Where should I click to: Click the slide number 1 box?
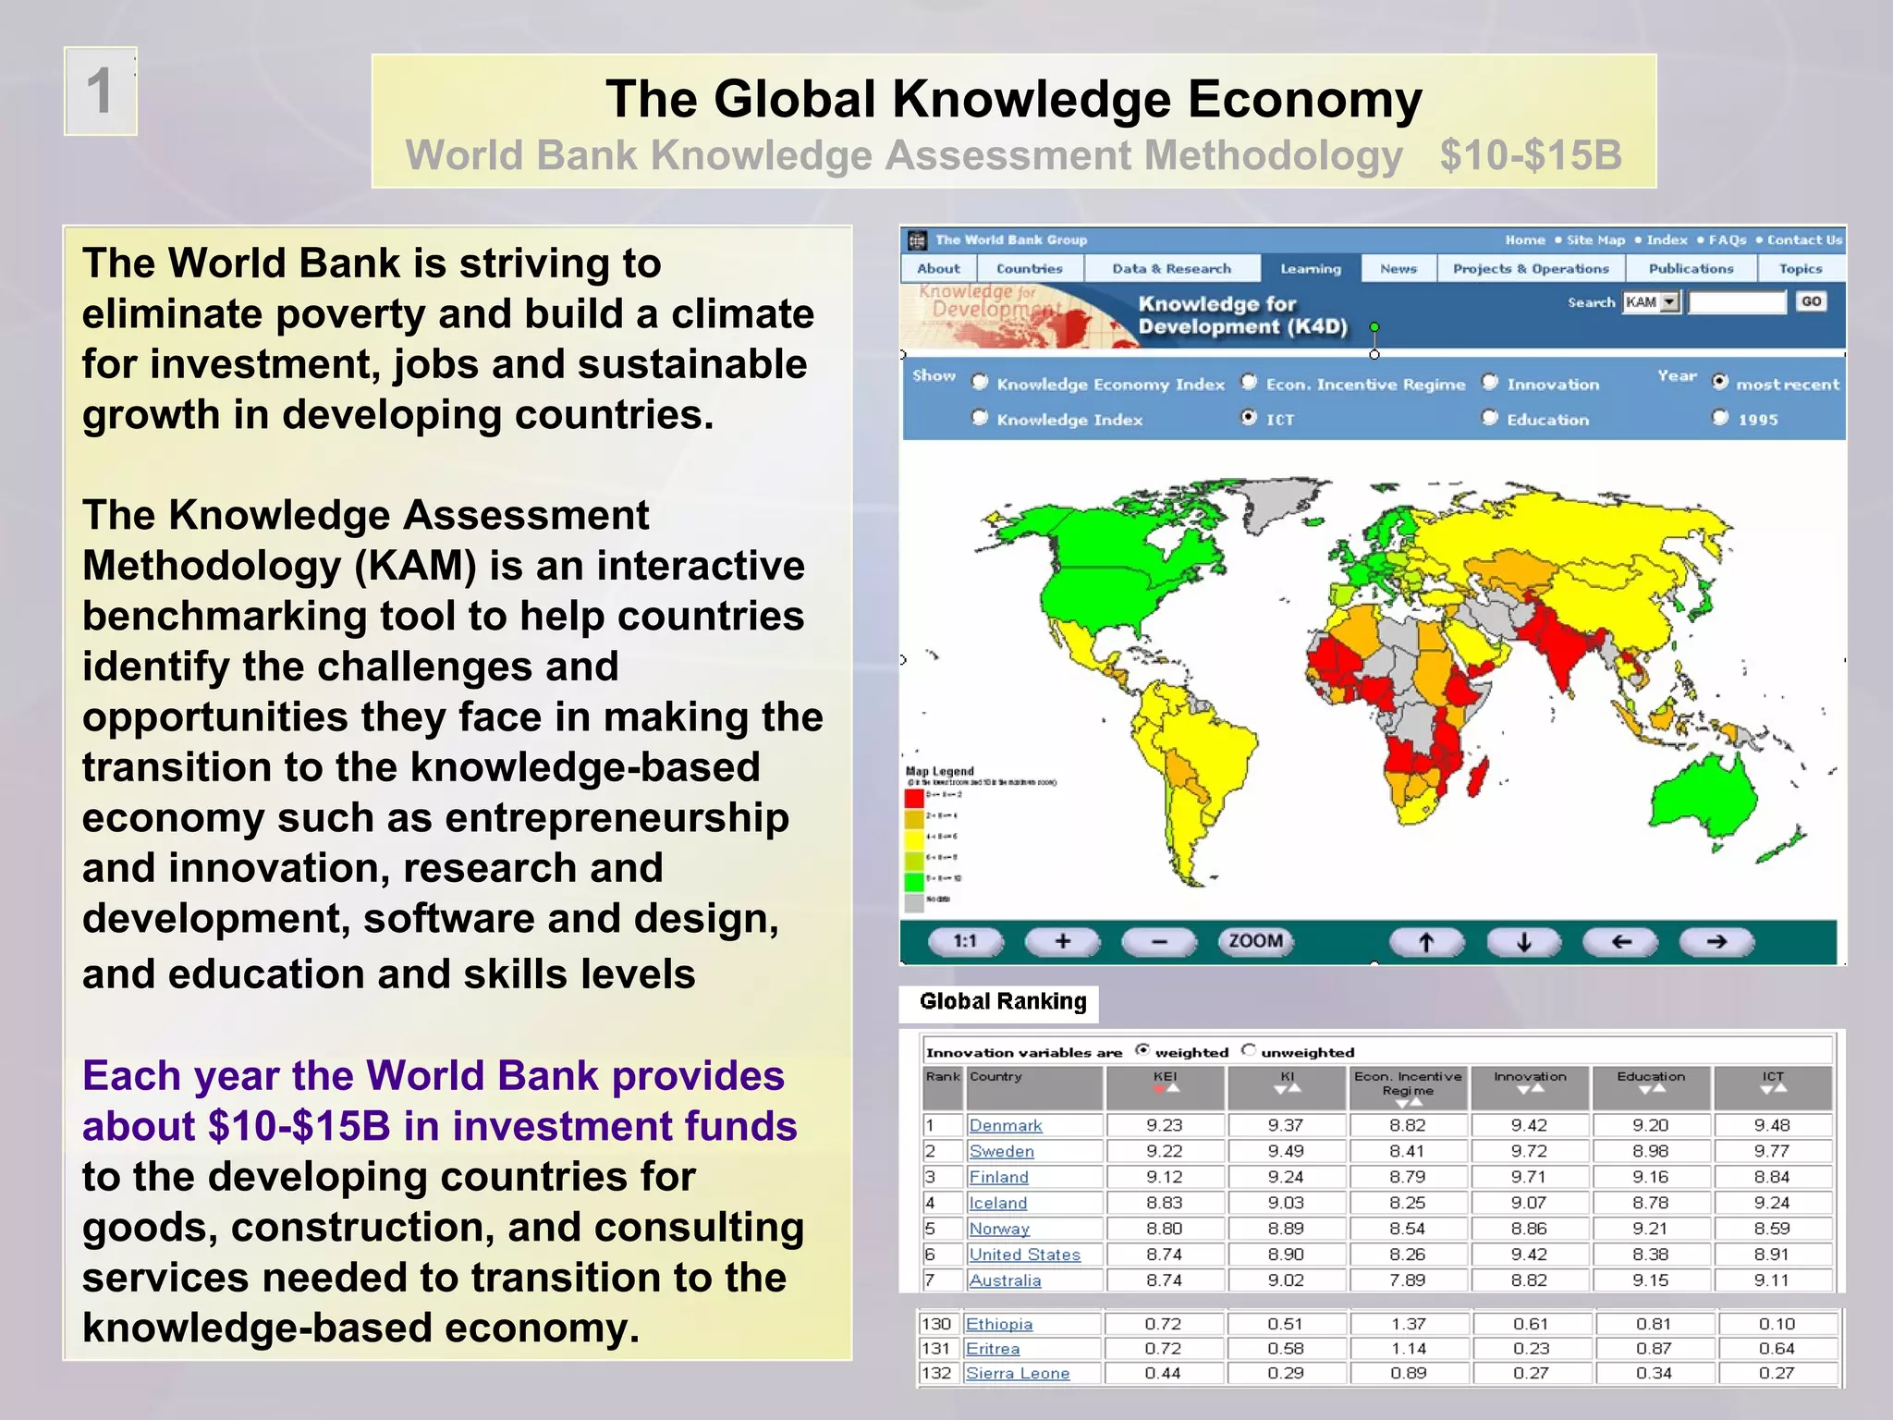point(100,92)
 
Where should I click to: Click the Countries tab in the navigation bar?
point(1029,269)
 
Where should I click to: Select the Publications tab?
point(1691,269)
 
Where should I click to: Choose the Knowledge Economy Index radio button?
point(980,383)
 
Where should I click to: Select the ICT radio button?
point(1249,418)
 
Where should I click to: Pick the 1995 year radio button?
point(1719,418)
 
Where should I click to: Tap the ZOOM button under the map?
point(1254,941)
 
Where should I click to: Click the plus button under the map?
point(1063,941)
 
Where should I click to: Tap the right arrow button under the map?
point(1716,941)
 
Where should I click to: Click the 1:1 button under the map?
point(965,941)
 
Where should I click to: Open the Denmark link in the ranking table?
point(1005,1126)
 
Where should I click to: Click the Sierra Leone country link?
point(1017,1374)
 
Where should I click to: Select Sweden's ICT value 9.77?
point(1772,1152)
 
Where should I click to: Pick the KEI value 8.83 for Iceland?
point(1164,1204)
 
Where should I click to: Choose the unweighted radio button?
point(1250,1050)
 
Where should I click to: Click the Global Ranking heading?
point(1003,1002)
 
